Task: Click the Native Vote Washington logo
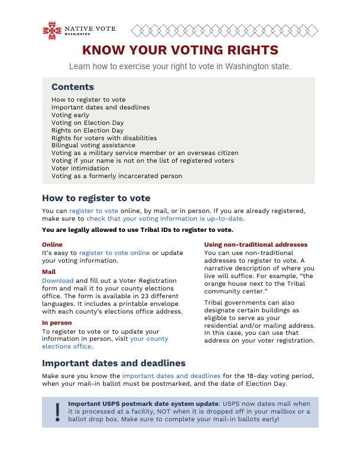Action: coord(79,30)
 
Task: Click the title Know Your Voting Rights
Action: coord(180,50)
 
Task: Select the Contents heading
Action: coord(72,87)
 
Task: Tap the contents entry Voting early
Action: coord(70,115)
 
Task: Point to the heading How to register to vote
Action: coord(96,198)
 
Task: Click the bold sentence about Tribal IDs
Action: coord(138,230)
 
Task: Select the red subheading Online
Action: coord(52,244)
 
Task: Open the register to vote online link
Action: coord(114,253)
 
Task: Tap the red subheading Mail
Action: coord(48,272)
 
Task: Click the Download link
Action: coord(57,280)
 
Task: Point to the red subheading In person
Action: coord(57,323)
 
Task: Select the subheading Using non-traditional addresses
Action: coord(255,245)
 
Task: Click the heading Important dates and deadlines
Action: coord(113,363)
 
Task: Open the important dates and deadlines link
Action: coord(171,376)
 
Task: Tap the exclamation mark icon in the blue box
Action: coord(57,411)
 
